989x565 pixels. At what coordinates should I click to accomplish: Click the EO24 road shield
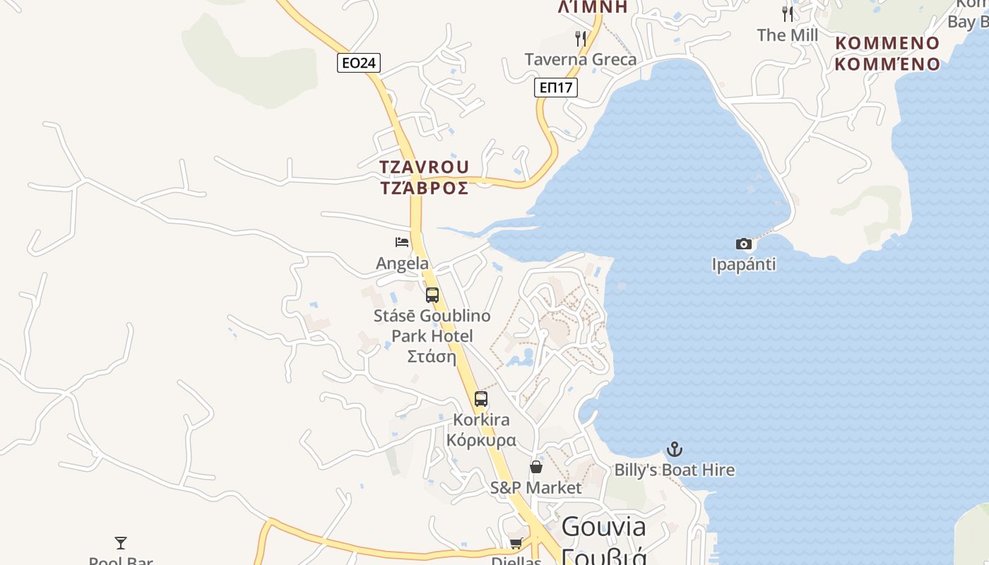click(x=358, y=63)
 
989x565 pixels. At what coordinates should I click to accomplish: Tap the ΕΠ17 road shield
click(x=555, y=88)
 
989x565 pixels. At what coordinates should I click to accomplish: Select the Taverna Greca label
click(x=580, y=59)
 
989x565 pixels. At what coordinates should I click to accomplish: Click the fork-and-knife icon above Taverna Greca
click(x=581, y=38)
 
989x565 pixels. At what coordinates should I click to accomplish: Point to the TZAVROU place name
click(x=424, y=167)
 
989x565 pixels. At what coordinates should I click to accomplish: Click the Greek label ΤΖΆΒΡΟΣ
click(x=424, y=188)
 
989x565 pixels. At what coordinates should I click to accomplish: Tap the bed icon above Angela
click(x=402, y=242)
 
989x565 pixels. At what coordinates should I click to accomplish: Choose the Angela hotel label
click(x=402, y=263)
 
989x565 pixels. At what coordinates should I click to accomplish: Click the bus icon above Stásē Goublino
click(x=432, y=295)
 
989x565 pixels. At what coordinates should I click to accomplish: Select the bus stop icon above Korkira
click(x=481, y=399)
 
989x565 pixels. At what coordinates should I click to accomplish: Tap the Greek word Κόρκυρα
click(x=481, y=440)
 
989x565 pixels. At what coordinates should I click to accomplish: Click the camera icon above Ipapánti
click(x=743, y=244)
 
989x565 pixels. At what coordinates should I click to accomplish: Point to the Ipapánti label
click(x=743, y=265)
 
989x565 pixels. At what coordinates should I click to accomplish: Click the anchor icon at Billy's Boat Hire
click(x=675, y=449)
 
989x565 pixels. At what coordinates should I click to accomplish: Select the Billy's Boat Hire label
click(x=674, y=470)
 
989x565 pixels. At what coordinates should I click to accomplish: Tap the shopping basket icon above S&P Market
click(x=536, y=467)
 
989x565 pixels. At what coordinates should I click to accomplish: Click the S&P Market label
click(x=536, y=487)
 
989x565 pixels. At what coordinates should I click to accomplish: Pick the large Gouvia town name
click(x=603, y=527)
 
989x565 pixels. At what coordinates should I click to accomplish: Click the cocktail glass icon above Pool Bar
click(x=121, y=543)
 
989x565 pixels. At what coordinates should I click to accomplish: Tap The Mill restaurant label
click(x=787, y=35)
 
